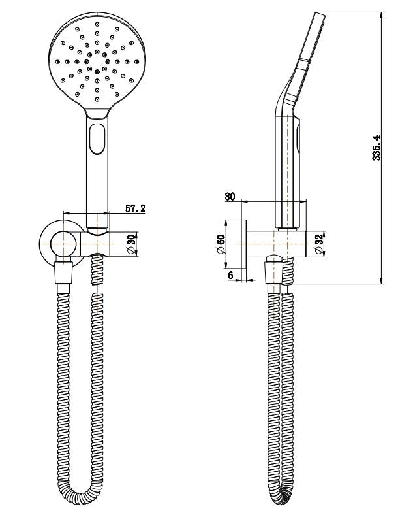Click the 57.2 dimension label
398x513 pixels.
pos(135,208)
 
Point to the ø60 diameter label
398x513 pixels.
pos(221,246)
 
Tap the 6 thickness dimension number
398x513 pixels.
pos(230,275)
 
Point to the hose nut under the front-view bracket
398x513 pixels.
pos(63,271)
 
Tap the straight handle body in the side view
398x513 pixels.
pos(288,170)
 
